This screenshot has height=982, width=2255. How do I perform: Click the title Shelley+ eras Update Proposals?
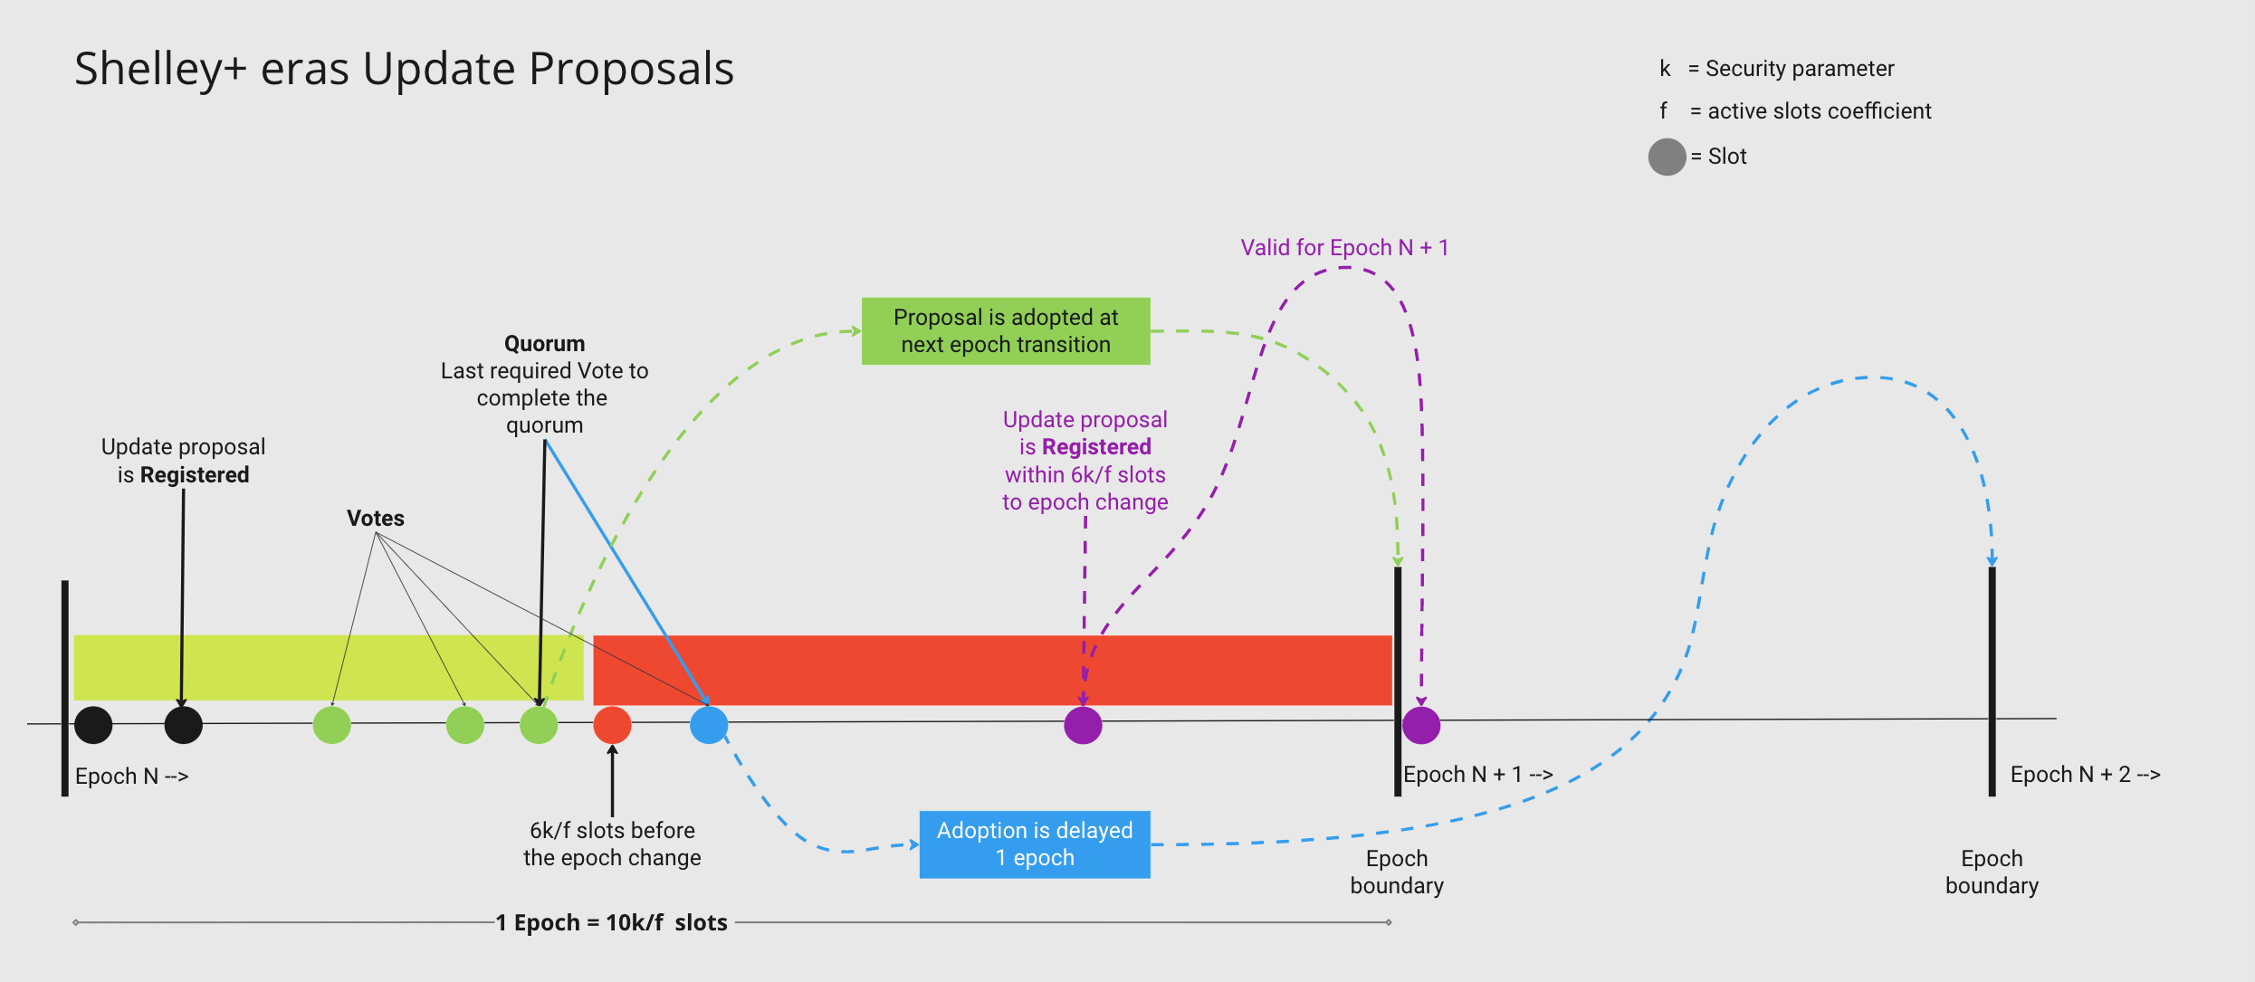(404, 70)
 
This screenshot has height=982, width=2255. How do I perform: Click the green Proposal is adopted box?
(1005, 331)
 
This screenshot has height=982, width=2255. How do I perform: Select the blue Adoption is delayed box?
(1034, 844)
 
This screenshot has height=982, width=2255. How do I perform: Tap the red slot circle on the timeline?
(612, 725)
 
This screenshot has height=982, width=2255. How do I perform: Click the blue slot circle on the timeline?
(709, 725)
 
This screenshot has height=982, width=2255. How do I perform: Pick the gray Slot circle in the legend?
(1666, 157)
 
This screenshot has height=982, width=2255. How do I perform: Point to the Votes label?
(375, 519)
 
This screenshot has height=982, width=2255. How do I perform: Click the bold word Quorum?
(544, 344)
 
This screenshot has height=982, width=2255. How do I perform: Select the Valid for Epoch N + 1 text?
(1343, 248)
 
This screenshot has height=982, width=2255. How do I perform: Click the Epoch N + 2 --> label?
(2084, 775)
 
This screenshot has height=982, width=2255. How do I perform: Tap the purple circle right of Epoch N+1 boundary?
(1420, 725)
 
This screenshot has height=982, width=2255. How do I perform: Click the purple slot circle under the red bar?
(1083, 725)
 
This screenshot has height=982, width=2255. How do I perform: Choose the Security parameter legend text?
(1799, 69)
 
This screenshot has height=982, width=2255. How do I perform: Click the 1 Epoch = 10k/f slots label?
(611, 923)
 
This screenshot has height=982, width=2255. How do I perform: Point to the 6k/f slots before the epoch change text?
(612, 844)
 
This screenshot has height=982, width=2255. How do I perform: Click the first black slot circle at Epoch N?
(93, 725)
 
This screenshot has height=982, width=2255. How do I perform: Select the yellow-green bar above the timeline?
(328, 667)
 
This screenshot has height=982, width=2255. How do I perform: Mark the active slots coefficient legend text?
(1819, 111)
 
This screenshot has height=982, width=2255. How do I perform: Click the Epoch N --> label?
(131, 777)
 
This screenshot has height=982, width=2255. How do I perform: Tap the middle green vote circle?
(465, 725)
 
